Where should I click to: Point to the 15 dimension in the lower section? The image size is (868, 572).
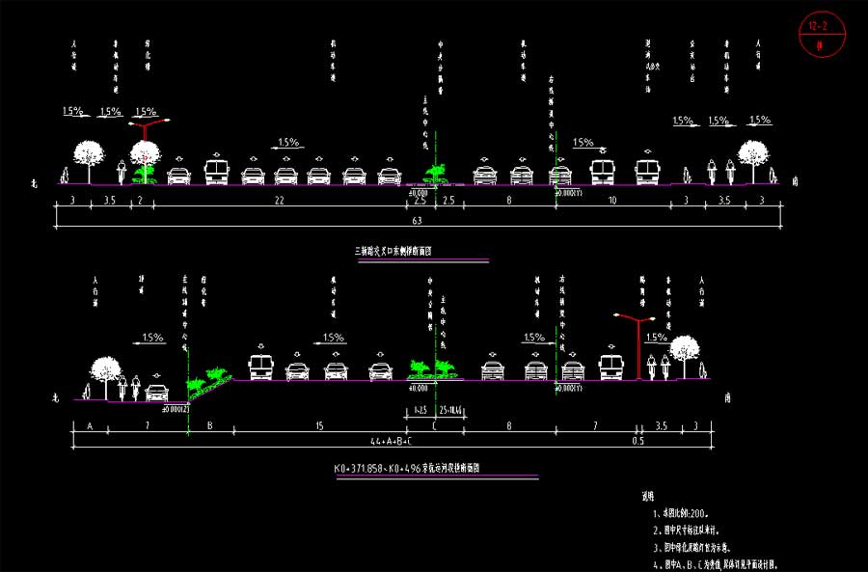(x=318, y=424)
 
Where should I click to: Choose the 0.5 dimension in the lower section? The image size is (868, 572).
(x=637, y=441)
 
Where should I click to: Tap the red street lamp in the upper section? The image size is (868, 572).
(x=147, y=140)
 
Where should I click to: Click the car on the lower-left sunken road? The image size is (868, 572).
(x=156, y=392)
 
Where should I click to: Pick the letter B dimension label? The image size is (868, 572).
(x=209, y=424)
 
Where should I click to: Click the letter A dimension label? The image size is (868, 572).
(x=90, y=424)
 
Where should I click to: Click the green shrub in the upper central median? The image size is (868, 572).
(x=436, y=174)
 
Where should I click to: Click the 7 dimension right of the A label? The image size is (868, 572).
(x=146, y=424)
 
